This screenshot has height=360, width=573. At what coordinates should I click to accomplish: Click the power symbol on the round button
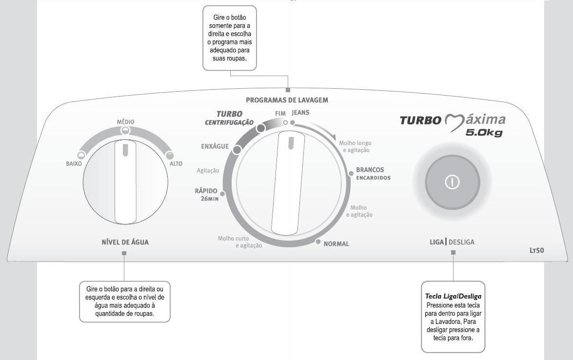tap(452, 182)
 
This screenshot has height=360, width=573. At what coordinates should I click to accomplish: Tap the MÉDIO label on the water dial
tap(125, 122)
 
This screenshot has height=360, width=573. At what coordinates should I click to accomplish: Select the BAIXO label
tap(74, 164)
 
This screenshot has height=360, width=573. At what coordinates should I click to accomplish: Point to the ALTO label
tap(176, 164)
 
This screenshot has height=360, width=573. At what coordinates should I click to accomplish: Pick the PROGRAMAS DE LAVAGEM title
tap(287, 100)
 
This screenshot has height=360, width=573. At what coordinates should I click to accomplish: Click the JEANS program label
tap(300, 113)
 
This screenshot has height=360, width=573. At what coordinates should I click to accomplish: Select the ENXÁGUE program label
tap(215, 146)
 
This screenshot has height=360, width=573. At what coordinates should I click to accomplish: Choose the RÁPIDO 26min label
tap(206, 195)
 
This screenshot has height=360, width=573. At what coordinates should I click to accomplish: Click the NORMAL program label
tap(336, 244)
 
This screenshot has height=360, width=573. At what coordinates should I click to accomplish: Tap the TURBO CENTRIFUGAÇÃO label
tap(229, 118)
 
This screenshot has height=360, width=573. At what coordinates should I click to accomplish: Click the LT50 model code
tap(536, 251)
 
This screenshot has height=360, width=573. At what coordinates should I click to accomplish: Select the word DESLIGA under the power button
tap(461, 242)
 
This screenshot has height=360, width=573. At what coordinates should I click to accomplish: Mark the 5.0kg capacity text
tap(484, 133)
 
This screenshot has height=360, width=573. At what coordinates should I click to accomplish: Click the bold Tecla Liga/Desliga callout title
tap(453, 296)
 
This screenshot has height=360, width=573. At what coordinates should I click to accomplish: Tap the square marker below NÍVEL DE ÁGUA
tap(124, 253)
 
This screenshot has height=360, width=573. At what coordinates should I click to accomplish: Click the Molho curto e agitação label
tap(240, 242)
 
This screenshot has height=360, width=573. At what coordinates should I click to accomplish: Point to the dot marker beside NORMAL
tap(318, 242)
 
